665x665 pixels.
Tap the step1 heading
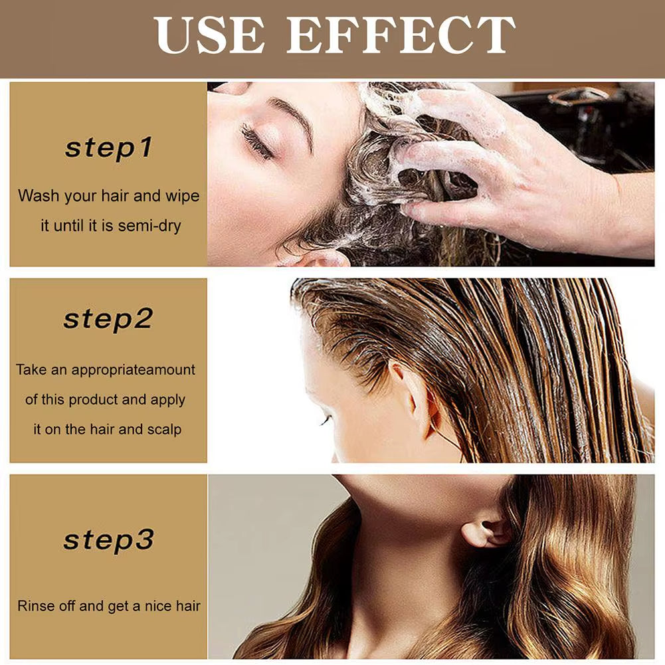(108, 148)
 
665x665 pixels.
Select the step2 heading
(108, 320)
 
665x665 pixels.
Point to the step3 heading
(108, 539)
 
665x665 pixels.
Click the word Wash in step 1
(37, 196)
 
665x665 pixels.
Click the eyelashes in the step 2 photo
(325, 421)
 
